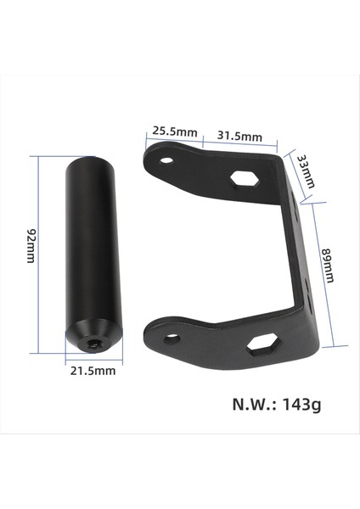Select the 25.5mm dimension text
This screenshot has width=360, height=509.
[x=174, y=131]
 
